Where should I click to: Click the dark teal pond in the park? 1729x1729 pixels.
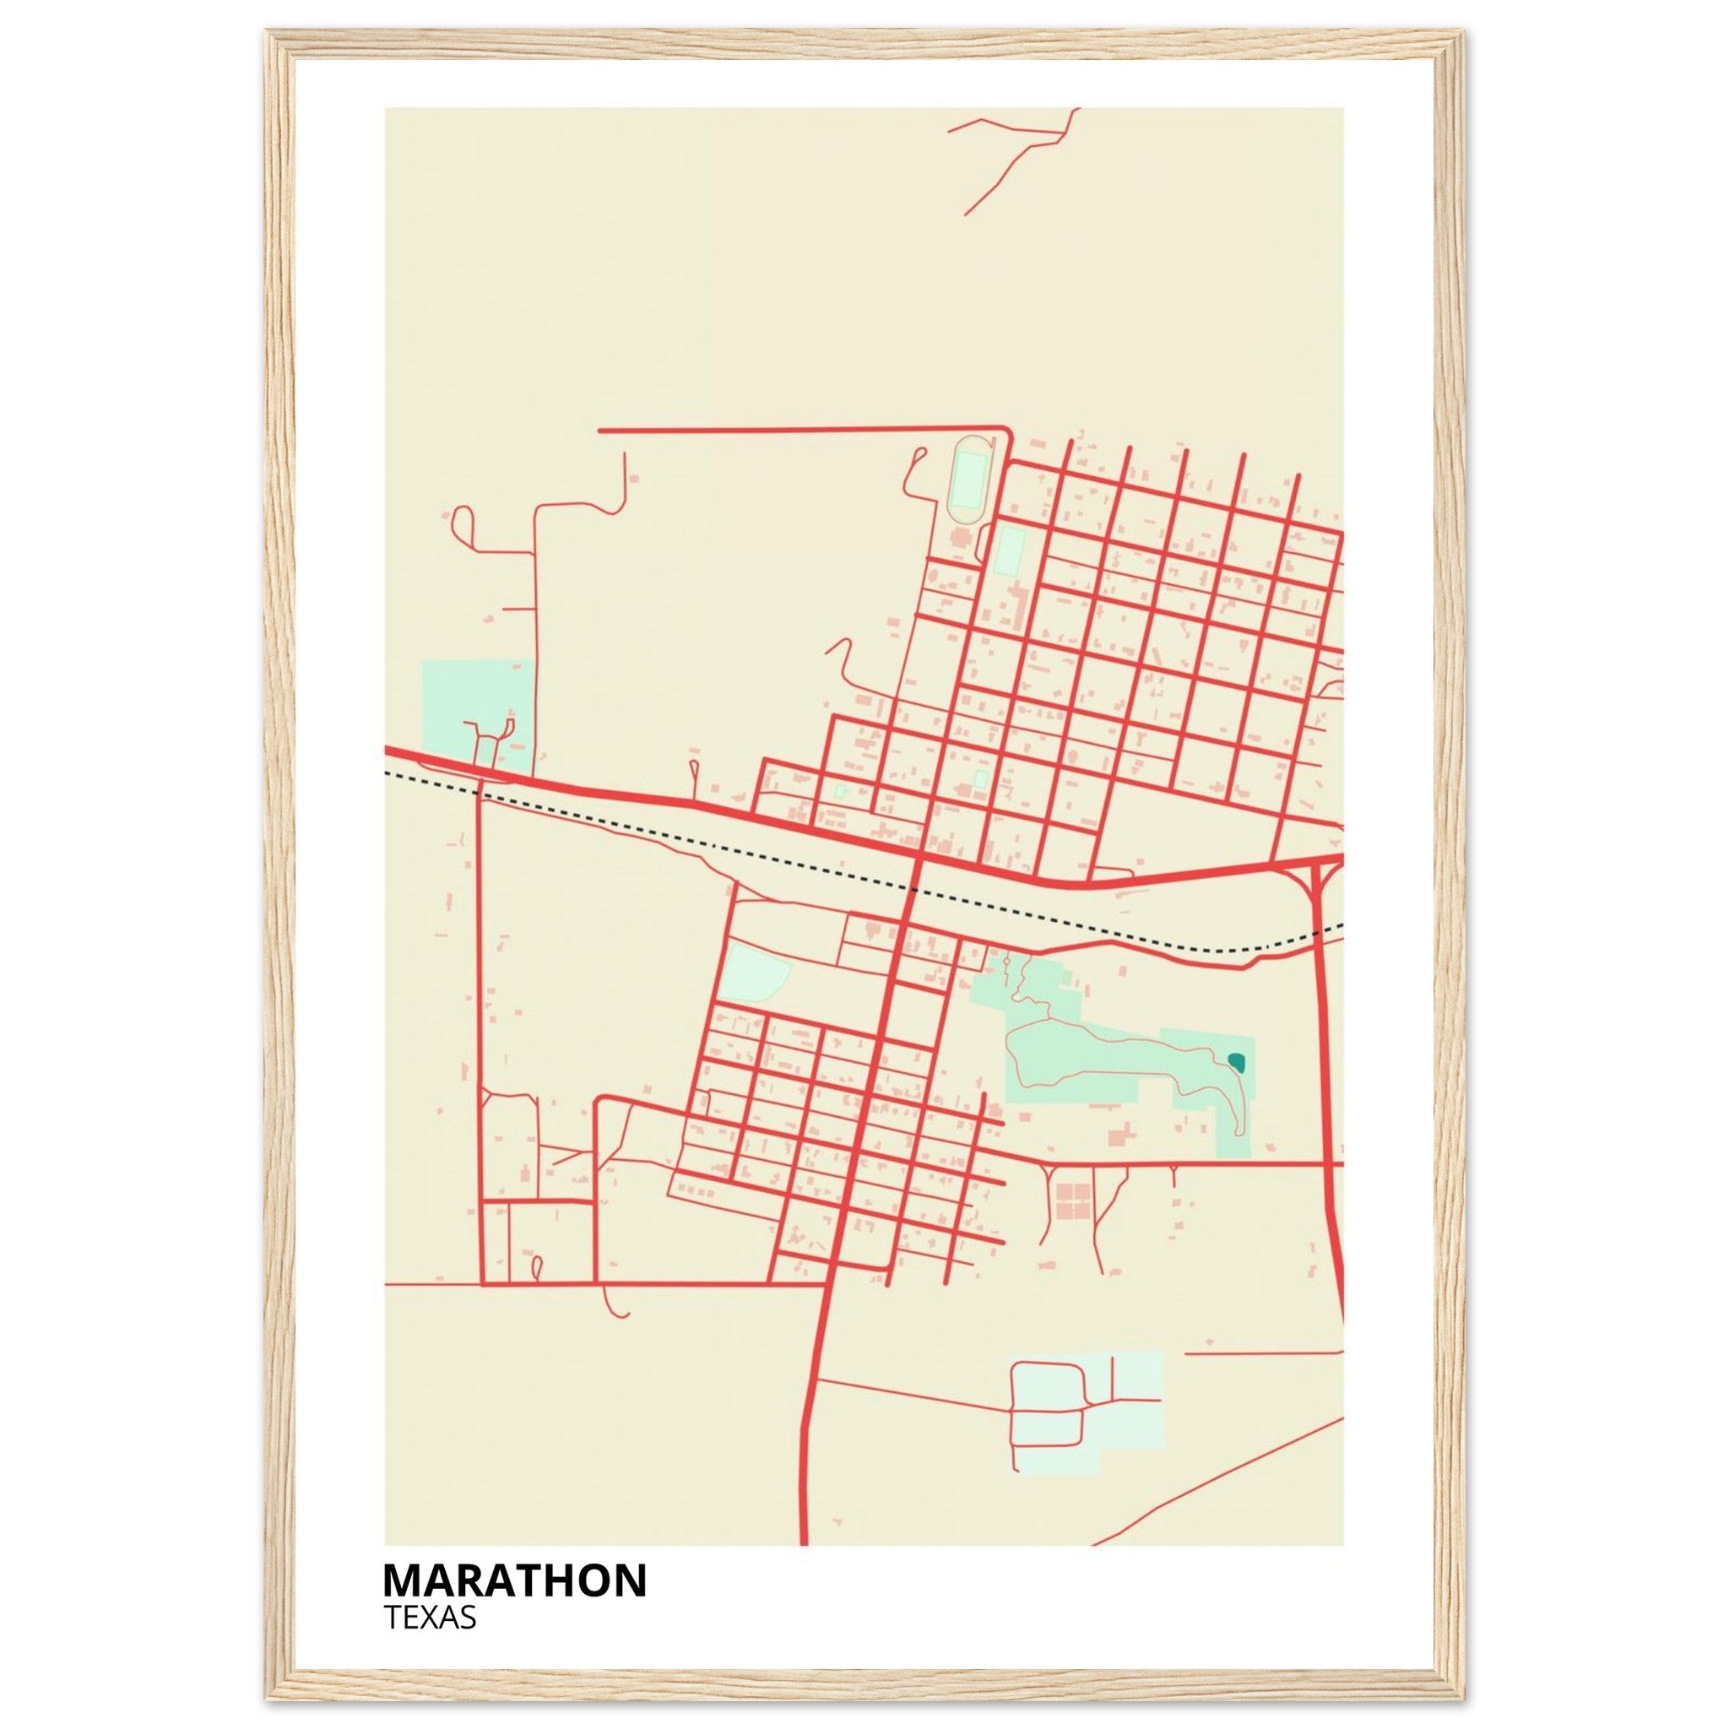(1238, 1062)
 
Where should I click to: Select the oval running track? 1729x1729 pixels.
(967, 480)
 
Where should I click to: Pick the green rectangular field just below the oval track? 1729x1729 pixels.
(1010, 551)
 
